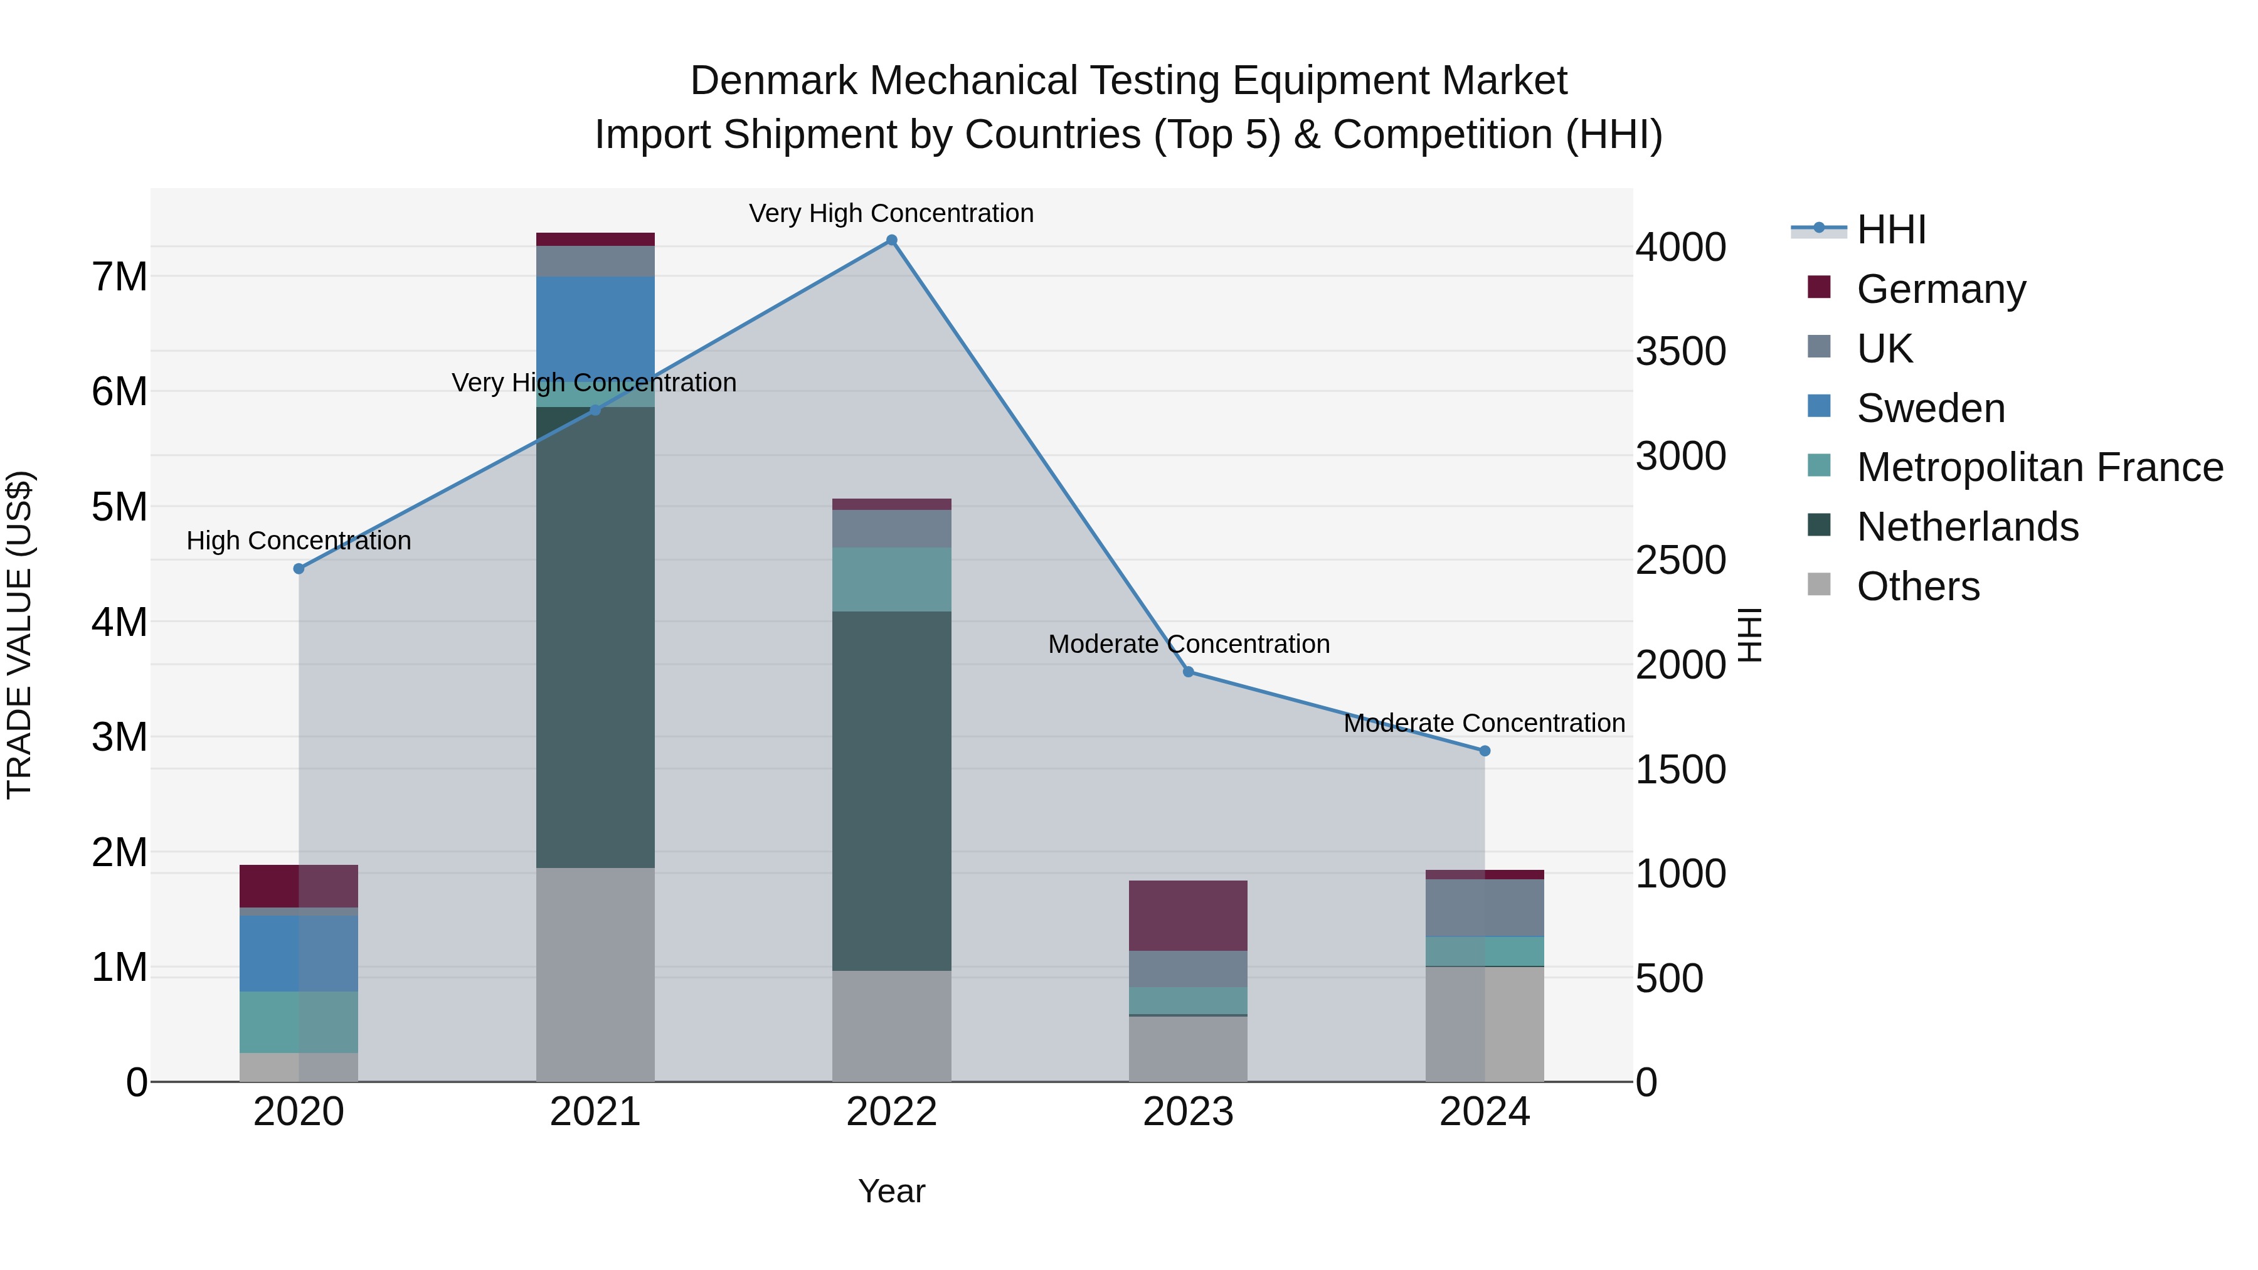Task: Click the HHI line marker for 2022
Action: [x=891, y=240]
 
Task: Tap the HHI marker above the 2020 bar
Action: [x=299, y=569]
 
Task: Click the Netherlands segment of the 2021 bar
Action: [x=595, y=637]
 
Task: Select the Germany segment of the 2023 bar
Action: [x=1188, y=916]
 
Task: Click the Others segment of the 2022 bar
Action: [x=891, y=1026]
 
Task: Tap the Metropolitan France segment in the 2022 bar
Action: [x=891, y=579]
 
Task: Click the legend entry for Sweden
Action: [x=1930, y=408]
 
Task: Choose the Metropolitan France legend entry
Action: [x=2039, y=467]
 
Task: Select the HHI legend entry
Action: [x=1890, y=230]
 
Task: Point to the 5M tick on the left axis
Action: [x=119, y=507]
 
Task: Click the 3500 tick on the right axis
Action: [x=1680, y=351]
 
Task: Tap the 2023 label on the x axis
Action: [x=1188, y=1112]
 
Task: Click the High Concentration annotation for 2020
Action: [x=299, y=541]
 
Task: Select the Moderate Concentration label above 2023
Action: [x=1189, y=644]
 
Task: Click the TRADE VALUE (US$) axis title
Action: [x=19, y=635]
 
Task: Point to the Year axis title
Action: [x=891, y=1191]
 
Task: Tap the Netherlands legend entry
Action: [x=1967, y=527]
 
